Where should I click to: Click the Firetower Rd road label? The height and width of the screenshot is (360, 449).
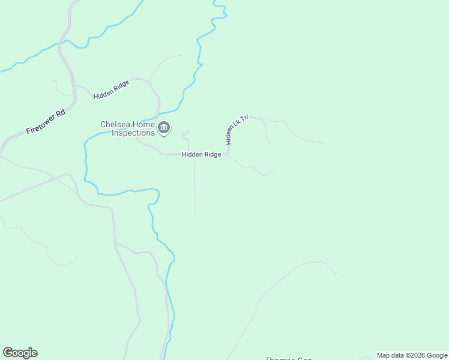45,122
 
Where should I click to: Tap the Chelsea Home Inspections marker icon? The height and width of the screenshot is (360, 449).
163,128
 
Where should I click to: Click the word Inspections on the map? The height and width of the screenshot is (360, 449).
133,133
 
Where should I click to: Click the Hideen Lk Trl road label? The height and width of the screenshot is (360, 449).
236,130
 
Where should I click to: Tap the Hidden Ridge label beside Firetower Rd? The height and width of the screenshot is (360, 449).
111,89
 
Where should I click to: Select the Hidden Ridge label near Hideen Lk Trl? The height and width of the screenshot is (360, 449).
202,154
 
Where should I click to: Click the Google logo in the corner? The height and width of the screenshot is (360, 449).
20,353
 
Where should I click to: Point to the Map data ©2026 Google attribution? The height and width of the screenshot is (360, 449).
412,355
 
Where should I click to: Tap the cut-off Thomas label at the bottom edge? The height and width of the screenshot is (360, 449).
288,358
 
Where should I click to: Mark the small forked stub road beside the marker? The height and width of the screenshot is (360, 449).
185,134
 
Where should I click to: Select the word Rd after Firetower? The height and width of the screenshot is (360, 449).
60,113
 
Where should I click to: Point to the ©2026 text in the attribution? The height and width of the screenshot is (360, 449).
415,355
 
